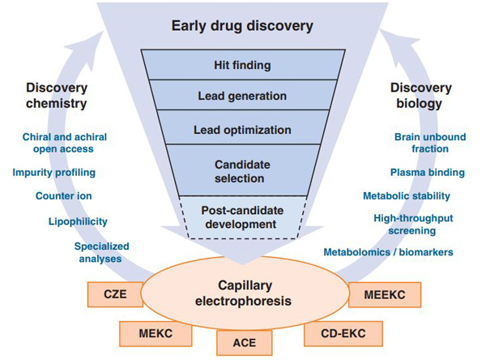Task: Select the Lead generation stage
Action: click(x=241, y=96)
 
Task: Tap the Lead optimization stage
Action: click(x=241, y=129)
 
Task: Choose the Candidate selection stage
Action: click(x=241, y=170)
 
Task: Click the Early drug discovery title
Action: click(x=241, y=26)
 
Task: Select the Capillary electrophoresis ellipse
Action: click(x=241, y=293)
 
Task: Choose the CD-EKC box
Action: click(x=330, y=332)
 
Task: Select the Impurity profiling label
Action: click(x=53, y=172)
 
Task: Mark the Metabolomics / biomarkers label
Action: click(x=388, y=252)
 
